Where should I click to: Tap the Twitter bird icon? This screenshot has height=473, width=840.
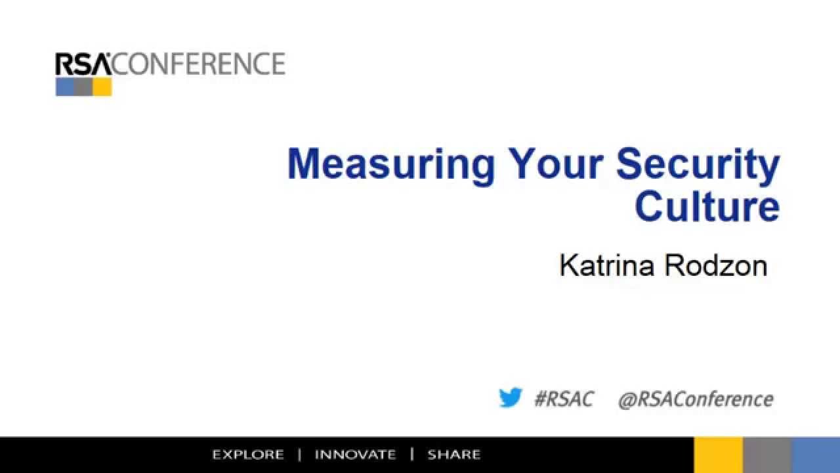(x=510, y=398)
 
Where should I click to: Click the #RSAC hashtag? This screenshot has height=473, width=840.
(x=563, y=399)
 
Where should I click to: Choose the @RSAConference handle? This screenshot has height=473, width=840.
(x=696, y=399)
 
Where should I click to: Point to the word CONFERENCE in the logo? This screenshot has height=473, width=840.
(x=199, y=64)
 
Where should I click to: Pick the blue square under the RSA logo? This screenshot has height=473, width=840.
(x=64, y=87)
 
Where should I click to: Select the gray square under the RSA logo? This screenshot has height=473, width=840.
(x=83, y=87)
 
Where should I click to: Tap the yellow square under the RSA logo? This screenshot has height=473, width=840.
(x=102, y=87)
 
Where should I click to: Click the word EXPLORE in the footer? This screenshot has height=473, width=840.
(x=248, y=455)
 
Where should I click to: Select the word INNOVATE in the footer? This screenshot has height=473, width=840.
(x=355, y=455)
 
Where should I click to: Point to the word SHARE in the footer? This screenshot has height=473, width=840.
(x=453, y=455)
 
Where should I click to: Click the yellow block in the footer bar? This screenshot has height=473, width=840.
(x=718, y=455)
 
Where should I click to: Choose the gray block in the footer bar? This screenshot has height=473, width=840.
(x=766, y=455)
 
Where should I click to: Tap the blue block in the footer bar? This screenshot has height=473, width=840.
(x=816, y=455)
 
